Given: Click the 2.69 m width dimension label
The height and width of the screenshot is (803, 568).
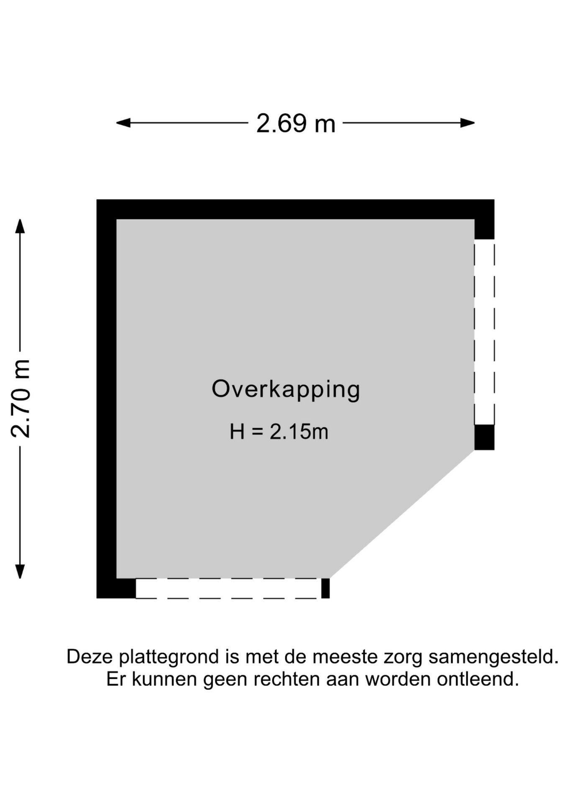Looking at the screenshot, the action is coord(296,123).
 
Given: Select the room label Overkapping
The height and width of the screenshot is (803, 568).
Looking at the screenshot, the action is coord(286,390).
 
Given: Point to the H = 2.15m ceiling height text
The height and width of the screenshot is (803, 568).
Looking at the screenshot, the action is coord(279,432).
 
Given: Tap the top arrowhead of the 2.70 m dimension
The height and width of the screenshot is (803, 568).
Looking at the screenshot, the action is coord(20,226).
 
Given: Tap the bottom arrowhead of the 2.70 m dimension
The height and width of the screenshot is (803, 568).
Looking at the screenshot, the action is coord(20,571).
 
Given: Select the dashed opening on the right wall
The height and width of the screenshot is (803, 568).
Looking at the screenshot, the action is coord(484,332).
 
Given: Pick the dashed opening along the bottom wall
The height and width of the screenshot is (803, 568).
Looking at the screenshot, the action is coord(228,588).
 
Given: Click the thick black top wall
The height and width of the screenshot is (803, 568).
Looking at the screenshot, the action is coord(295,210).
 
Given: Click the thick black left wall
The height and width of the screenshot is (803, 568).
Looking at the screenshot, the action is coord(106,399).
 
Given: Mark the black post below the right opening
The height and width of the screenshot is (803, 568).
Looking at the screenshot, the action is coord(484,437).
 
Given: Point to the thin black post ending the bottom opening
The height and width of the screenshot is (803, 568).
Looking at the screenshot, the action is coord(325,588).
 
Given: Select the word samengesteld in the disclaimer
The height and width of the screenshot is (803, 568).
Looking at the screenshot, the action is coord(494,657).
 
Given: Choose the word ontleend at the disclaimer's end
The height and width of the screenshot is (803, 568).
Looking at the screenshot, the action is coord(478,680).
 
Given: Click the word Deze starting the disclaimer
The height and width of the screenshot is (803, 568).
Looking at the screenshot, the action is coord(90,657).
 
